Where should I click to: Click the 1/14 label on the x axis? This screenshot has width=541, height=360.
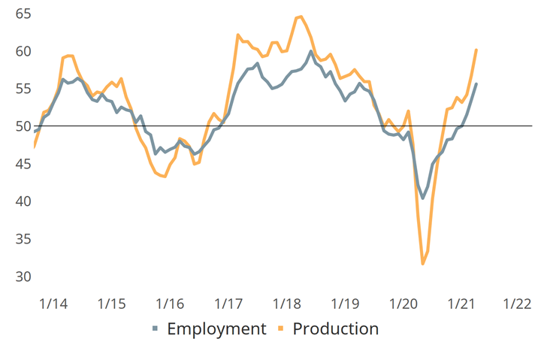pyautogui.click(x=53, y=304)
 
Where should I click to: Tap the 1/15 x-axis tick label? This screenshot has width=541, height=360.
pyautogui.click(x=111, y=304)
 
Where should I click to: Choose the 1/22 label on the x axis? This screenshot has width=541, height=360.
pyautogui.click(x=518, y=304)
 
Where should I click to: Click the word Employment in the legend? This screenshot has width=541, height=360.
pyautogui.click(x=216, y=329)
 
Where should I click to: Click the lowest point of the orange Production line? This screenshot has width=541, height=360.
pyautogui.click(x=423, y=264)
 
